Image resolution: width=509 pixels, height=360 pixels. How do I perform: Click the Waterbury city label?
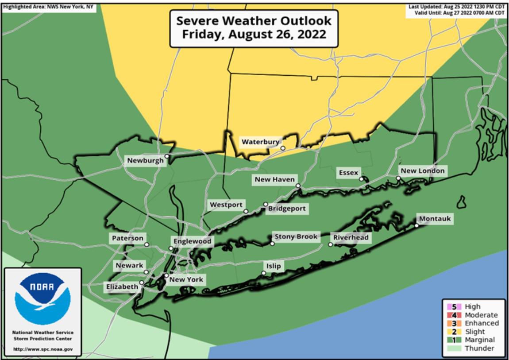[260, 142]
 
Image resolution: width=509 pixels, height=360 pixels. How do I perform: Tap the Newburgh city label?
[145, 161]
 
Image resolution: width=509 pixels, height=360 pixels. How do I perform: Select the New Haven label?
[274, 180]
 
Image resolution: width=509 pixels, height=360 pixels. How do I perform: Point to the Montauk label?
[434, 219]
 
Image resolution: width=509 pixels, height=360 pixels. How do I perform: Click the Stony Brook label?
[296, 237]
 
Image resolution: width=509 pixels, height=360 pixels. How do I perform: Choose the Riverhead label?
[351, 238]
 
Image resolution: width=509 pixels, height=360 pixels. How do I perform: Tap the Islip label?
[273, 266]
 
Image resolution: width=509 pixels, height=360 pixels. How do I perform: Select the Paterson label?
[127, 238]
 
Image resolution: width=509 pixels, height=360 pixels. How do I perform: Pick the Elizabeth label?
[122, 287]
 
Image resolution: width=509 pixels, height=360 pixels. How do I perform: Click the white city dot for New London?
[398, 178]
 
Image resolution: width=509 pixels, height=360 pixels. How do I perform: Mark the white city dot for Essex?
[361, 179]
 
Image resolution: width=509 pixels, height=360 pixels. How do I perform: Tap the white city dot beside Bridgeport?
[266, 204]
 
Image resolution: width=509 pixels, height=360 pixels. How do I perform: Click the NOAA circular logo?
[42, 298]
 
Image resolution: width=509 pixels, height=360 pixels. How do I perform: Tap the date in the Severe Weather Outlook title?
[254, 35]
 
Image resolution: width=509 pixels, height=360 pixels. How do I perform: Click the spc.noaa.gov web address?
[42, 349]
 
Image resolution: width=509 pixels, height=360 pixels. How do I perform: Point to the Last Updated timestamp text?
[456, 7]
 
